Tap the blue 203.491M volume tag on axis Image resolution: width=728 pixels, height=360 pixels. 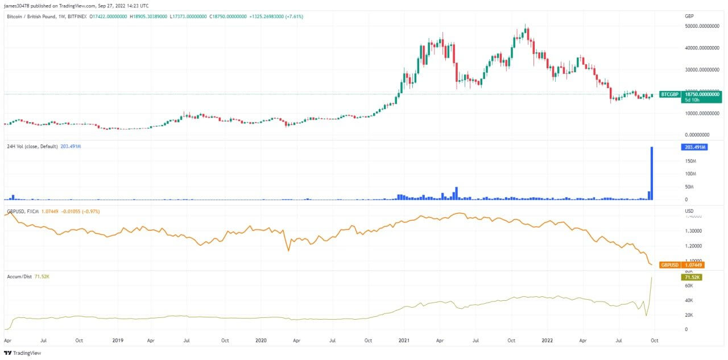(694, 147)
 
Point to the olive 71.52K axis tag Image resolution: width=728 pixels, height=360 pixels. (692, 277)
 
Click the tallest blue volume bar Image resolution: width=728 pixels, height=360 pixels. (651, 173)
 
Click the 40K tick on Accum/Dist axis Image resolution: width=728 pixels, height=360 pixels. (689, 300)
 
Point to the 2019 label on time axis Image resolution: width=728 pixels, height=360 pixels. (118, 341)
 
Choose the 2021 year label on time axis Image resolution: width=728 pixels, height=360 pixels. (404, 341)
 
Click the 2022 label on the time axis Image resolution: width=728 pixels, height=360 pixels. (547, 341)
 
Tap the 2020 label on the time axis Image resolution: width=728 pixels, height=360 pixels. (261, 341)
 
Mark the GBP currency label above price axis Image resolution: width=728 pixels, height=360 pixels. (689, 16)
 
